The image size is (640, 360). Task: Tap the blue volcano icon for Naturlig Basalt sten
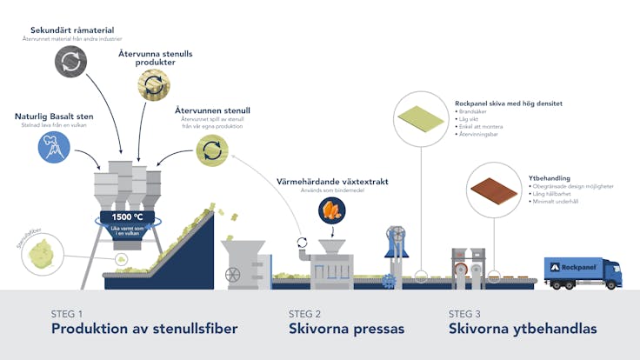[x=54, y=147]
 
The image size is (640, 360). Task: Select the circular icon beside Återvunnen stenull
[x=211, y=150]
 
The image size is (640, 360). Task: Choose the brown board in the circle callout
[x=494, y=189]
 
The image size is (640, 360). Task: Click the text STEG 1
[x=67, y=314]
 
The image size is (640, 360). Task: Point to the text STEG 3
[x=464, y=314]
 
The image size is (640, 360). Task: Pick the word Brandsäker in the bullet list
[x=475, y=111]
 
